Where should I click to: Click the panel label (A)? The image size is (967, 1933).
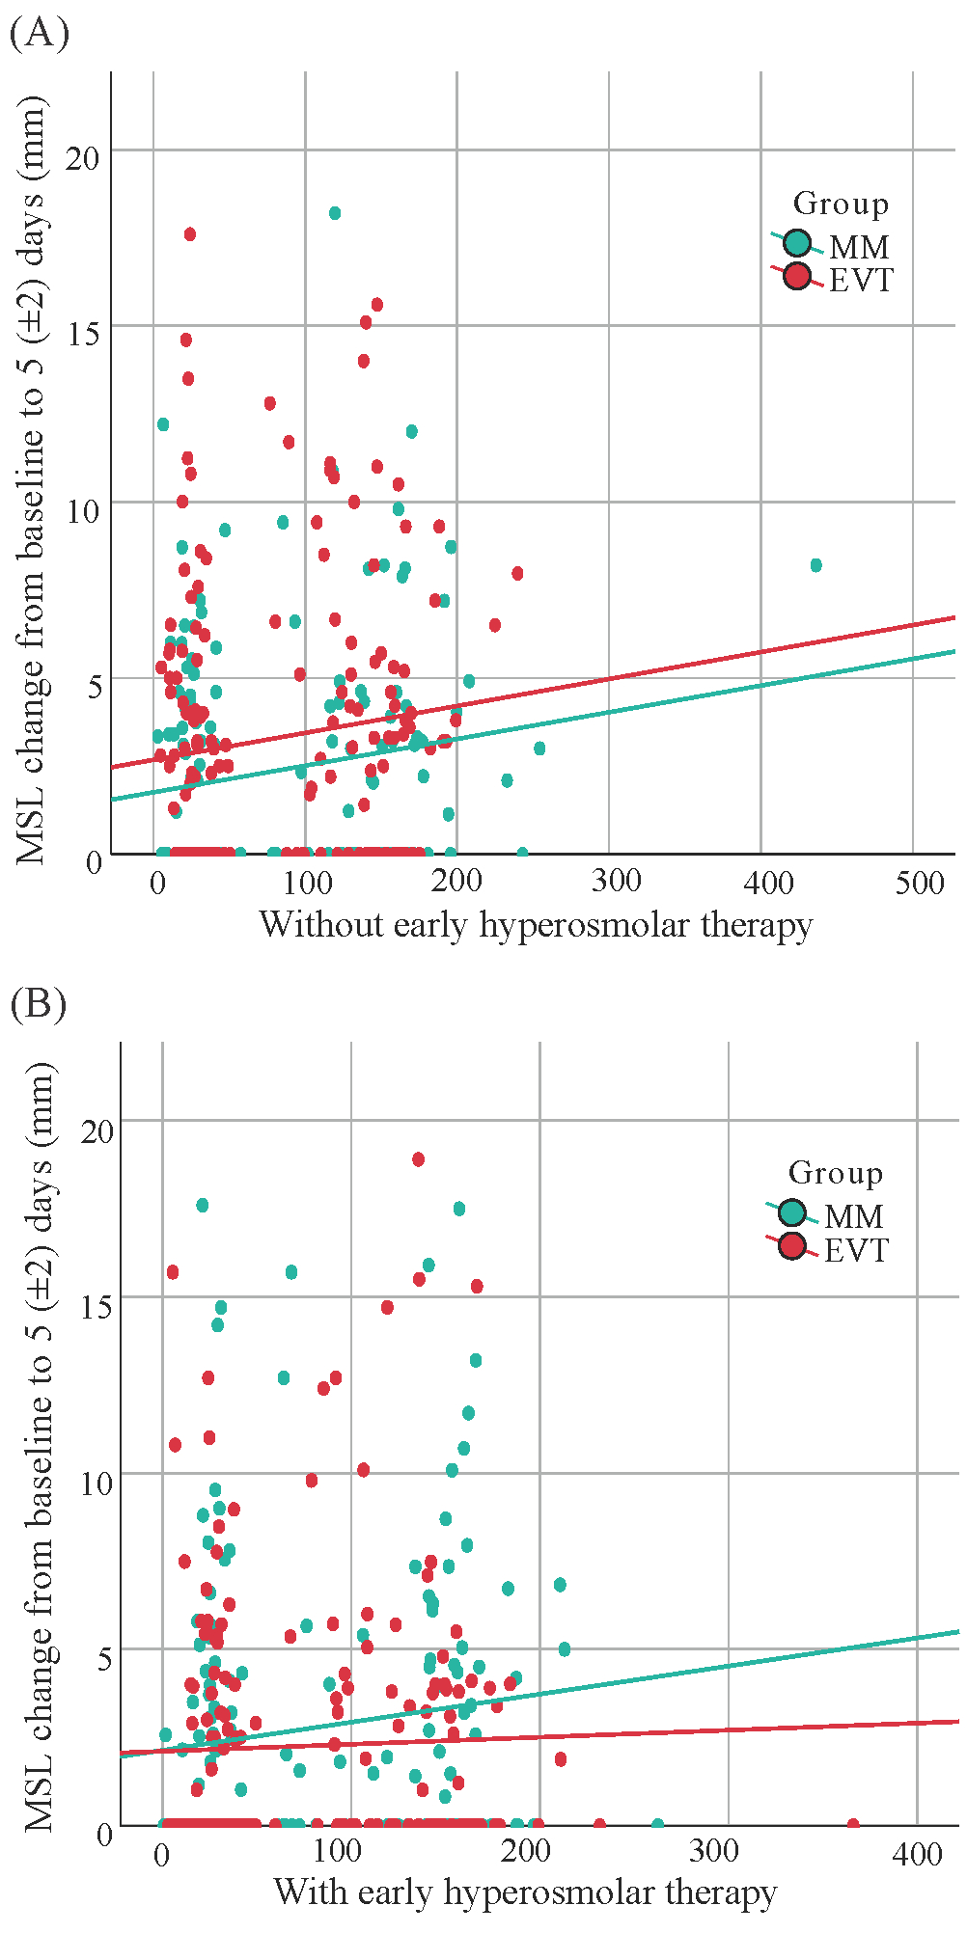[x=39, y=35]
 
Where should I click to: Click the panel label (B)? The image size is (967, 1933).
[x=39, y=1005]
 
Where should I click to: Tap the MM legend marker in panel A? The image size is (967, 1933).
[x=797, y=243]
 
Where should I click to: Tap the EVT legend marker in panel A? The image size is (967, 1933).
[x=797, y=277]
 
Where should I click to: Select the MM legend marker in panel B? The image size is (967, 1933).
[x=792, y=1212]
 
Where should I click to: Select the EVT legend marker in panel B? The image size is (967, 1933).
[x=792, y=1246]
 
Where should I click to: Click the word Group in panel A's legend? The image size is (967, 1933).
[x=841, y=204]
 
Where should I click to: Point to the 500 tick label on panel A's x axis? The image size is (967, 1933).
[x=920, y=882]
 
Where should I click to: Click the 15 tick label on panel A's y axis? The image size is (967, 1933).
[x=84, y=333]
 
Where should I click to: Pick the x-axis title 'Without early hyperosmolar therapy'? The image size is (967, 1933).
[x=536, y=925]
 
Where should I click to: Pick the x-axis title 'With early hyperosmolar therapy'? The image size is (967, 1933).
[x=526, y=1892]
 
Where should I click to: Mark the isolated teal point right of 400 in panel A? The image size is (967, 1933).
[x=815, y=565]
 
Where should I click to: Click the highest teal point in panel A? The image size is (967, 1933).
[x=335, y=213]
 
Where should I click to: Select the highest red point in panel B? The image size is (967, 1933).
[x=418, y=1159]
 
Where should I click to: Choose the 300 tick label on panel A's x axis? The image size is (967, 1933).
[x=617, y=882]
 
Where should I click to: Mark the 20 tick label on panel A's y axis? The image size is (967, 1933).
[x=84, y=157]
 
